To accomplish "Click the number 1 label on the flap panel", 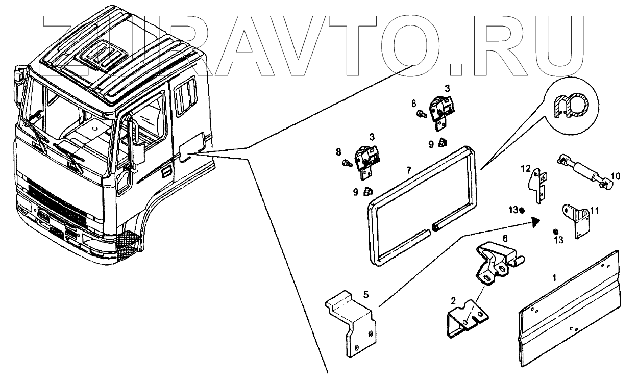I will click(x=555, y=278).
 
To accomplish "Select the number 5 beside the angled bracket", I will click(x=365, y=294).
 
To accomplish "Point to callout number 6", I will click(x=505, y=238).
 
